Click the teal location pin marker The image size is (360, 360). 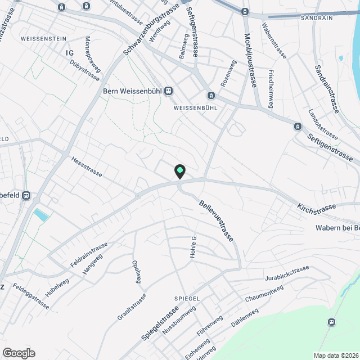[179, 171]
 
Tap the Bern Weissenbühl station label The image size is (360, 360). [133, 92]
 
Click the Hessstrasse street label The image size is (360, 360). [87, 166]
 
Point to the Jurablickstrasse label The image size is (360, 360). [287, 274]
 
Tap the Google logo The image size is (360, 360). [18, 353]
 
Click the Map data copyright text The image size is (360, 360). [336, 355]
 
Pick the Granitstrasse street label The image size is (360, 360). [132, 307]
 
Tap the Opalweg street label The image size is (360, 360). [135, 272]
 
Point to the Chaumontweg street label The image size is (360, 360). [264, 294]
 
